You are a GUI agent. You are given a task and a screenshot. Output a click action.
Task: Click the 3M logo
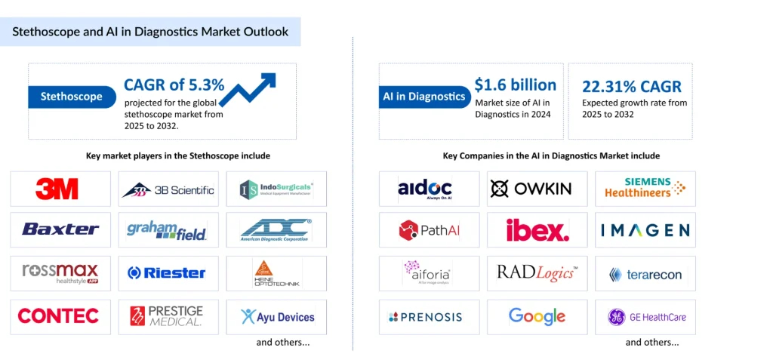tap(57, 189)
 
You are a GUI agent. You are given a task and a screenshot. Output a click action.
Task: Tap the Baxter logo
tap(60, 229)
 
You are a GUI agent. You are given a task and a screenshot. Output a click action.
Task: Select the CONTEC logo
tap(58, 316)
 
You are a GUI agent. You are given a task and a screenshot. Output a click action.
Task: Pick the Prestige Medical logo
tap(167, 316)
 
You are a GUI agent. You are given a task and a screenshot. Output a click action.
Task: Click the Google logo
tap(537, 316)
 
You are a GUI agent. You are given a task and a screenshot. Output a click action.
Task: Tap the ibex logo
tap(537, 229)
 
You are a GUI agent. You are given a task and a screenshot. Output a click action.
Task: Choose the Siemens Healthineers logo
tap(644, 188)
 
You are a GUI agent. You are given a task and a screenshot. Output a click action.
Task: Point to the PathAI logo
tap(430, 230)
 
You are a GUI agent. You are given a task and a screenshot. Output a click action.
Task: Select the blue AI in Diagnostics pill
tap(423, 96)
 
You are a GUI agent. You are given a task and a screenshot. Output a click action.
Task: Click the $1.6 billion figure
tap(515, 85)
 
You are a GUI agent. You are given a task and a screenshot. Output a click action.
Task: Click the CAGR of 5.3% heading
tap(174, 85)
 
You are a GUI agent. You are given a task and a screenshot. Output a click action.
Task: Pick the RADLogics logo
tap(537, 272)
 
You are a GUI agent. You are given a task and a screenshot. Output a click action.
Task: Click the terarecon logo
tap(645, 274)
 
